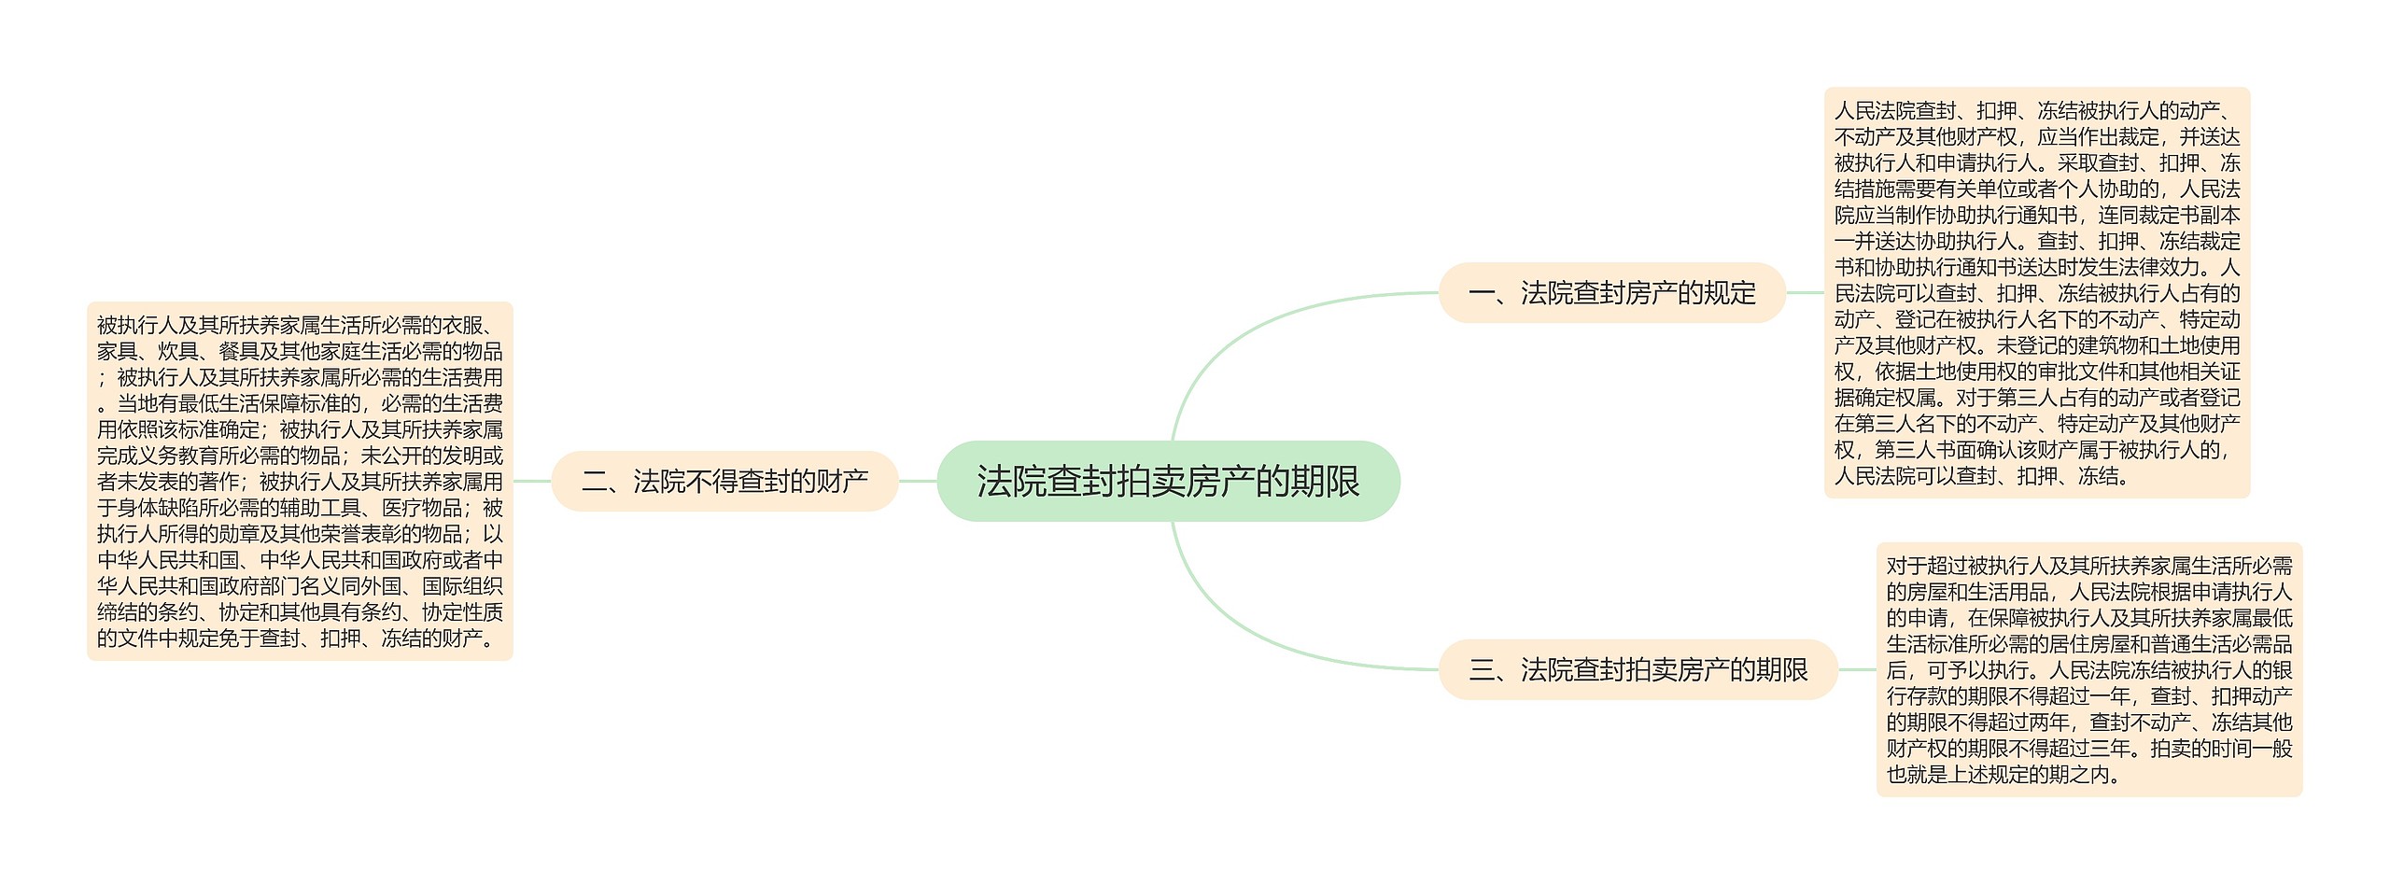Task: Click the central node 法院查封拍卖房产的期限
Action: pyautogui.click(x=1168, y=482)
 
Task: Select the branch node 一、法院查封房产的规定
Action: pyautogui.click(x=1611, y=293)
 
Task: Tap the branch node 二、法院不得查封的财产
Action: pyautogui.click(x=724, y=482)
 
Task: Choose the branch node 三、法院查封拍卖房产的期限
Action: pyautogui.click(x=1638, y=669)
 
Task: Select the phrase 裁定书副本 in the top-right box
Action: pyautogui.click(x=2189, y=215)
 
